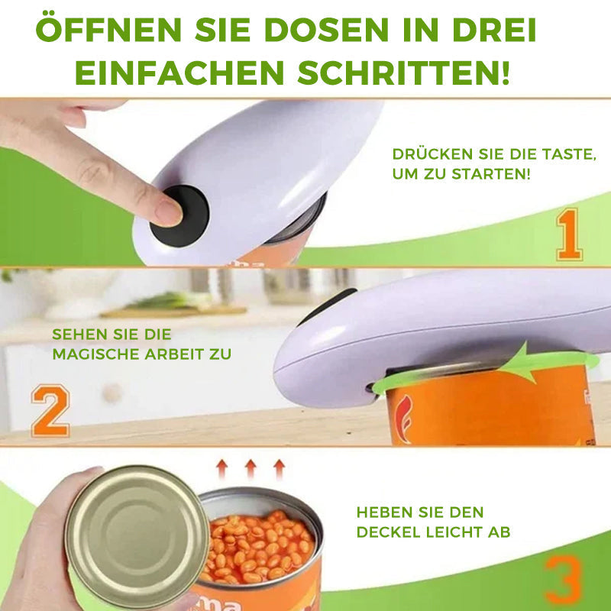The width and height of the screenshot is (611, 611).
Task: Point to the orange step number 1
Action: point(570,236)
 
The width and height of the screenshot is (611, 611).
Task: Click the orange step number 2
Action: point(50,411)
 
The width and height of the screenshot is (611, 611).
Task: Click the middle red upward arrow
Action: point(250,468)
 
